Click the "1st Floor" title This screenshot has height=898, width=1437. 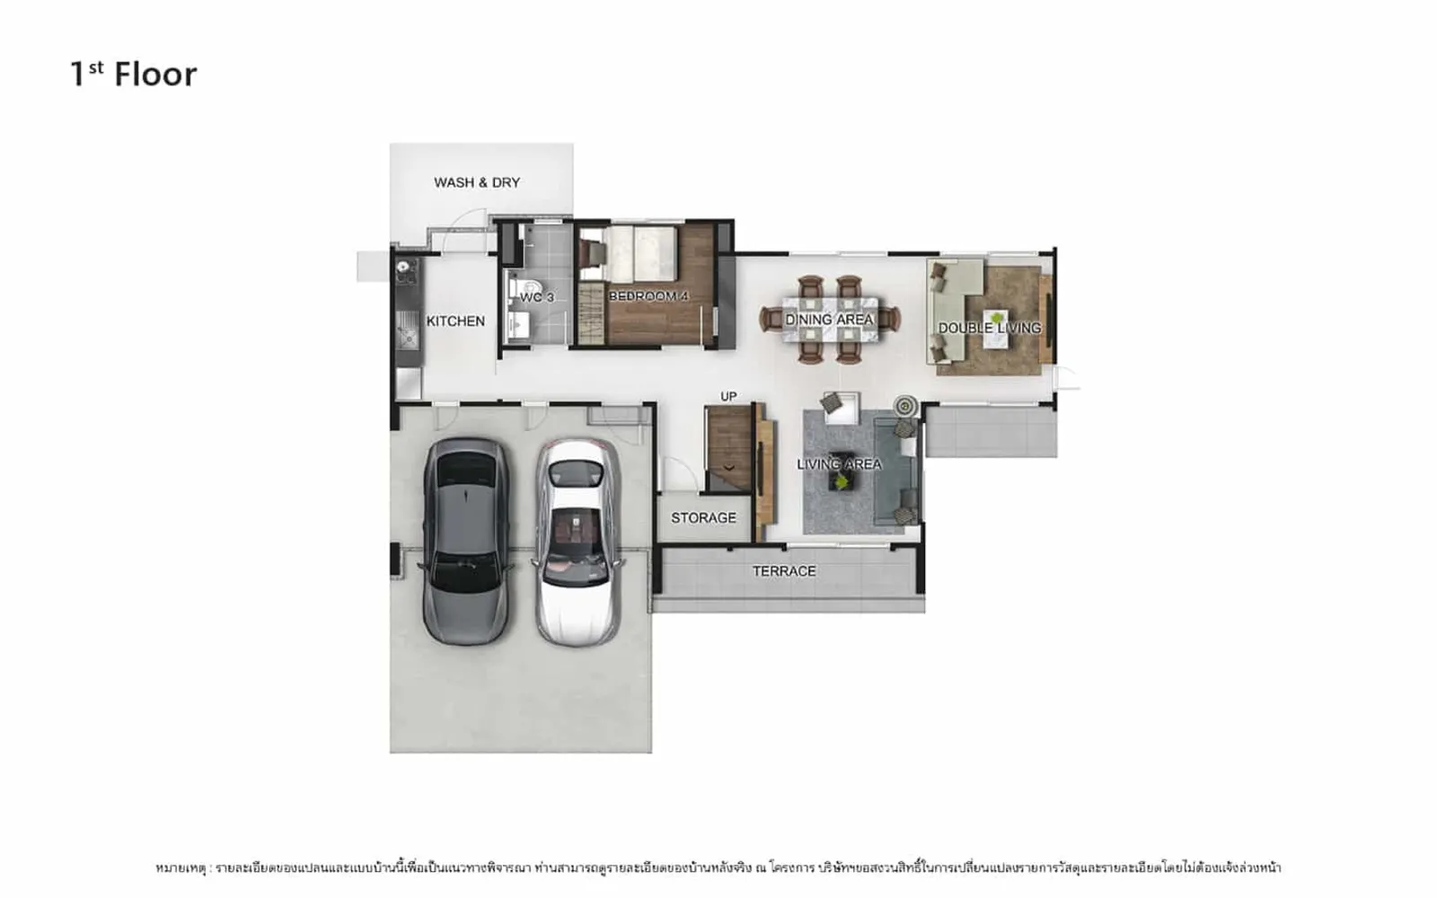point(134,75)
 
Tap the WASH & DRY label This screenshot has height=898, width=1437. point(477,183)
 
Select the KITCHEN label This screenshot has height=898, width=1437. point(455,321)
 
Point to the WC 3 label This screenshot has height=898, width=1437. point(536,297)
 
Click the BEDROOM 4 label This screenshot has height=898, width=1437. point(648,296)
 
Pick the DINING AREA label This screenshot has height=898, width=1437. point(830,320)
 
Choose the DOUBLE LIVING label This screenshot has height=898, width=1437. point(989,329)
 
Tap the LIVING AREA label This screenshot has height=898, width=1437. point(839,464)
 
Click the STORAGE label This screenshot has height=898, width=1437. point(703,517)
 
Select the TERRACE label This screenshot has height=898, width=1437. point(784,571)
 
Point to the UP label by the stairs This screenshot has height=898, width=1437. point(728,396)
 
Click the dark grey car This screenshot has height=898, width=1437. point(466,541)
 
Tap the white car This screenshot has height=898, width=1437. point(578,542)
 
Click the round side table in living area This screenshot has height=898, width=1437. point(905,405)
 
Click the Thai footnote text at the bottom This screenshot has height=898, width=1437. point(718,867)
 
